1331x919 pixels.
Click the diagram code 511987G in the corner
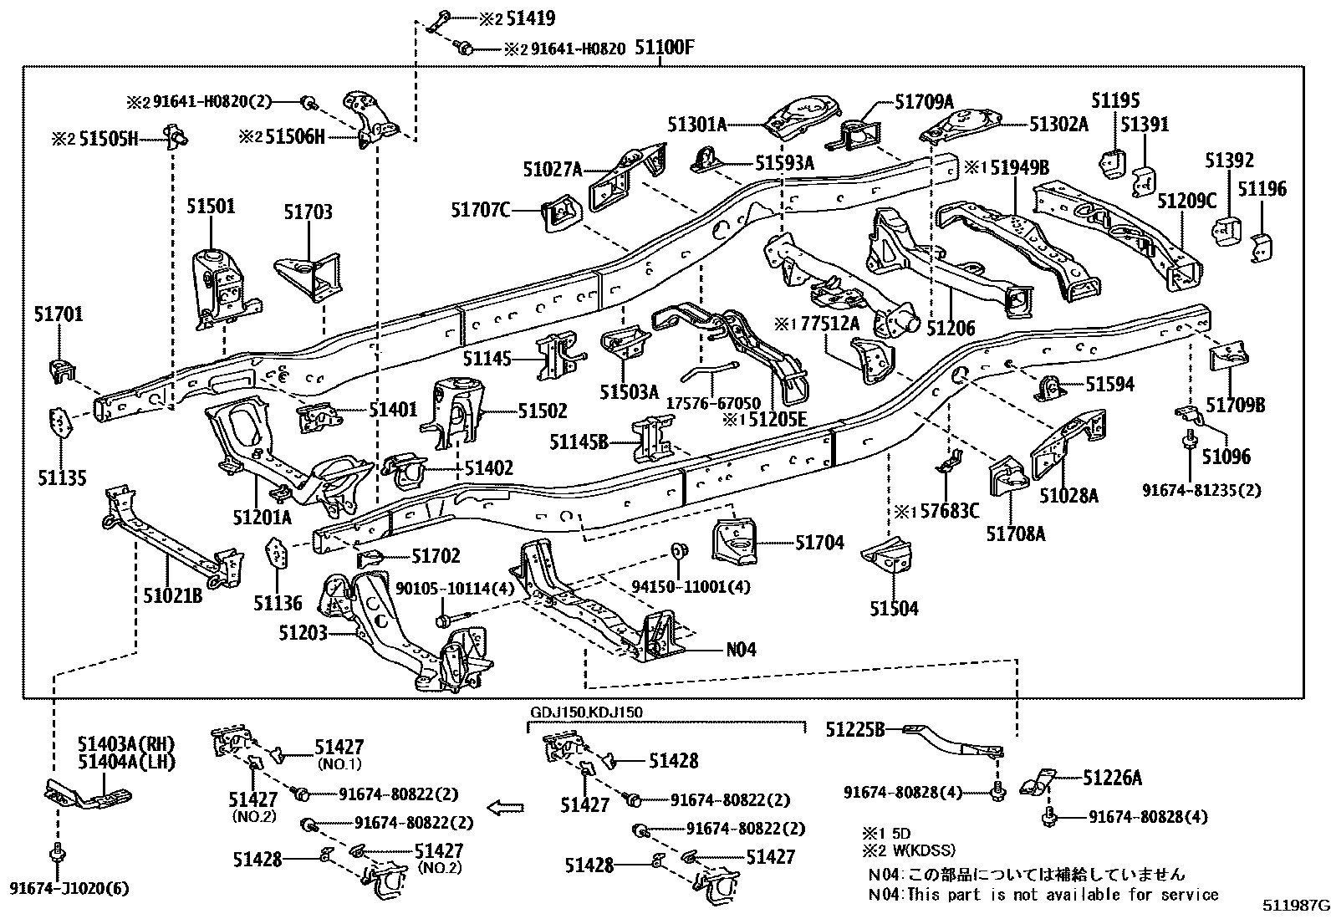click(1296, 906)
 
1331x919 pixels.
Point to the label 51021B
click(173, 595)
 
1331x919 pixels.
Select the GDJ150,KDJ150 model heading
click(586, 712)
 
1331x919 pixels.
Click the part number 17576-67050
click(713, 403)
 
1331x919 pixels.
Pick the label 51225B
click(855, 729)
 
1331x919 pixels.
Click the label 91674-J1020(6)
click(69, 888)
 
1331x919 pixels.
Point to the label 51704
click(819, 543)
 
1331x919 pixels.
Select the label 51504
click(894, 608)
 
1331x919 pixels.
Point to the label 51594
click(1110, 384)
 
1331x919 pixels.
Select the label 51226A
click(1112, 778)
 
